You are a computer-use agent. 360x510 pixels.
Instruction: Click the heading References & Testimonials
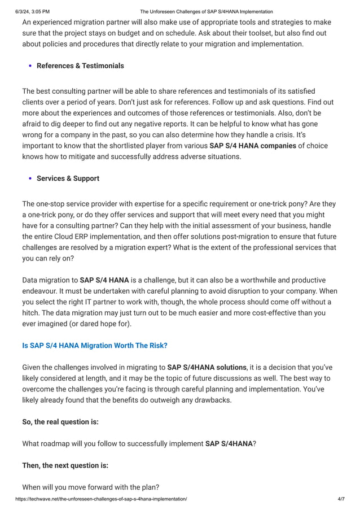pyautogui.click(x=80, y=66)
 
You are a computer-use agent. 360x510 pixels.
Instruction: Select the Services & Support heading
pyautogui.click(x=68, y=178)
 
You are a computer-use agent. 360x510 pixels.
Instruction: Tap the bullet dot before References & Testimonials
pyautogui.click(x=30, y=66)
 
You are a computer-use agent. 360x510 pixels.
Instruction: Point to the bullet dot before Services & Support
pyautogui.click(x=30, y=178)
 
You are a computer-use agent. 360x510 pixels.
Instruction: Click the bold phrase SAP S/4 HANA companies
pyautogui.click(x=252, y=146)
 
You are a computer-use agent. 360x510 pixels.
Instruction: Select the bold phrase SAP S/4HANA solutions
pyautogui.click(x=207, y=367)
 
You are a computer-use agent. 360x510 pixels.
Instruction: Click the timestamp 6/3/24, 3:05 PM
pyautogui.click(x=25, y=11)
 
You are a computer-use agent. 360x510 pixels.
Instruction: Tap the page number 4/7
pyautogui.click(x=340, y=499)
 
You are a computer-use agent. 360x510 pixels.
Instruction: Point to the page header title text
pyautogui.click(x=206, y=11)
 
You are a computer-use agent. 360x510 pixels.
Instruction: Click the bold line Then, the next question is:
pyautogui.click(x=65, y=465)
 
